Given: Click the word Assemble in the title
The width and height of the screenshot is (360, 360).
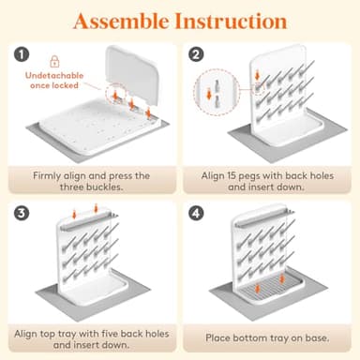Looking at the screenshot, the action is (x=122, y=22).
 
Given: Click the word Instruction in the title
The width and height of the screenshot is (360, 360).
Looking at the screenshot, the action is (x=231, y=22).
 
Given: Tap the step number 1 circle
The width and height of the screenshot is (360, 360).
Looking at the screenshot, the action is (x=22, y=54).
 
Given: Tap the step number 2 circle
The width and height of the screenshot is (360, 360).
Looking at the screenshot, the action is (x=196, y=54).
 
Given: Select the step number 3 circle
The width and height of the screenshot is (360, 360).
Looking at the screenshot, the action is (x=22, y=213).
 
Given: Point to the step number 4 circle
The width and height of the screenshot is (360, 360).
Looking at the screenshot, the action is (x=196, y=213).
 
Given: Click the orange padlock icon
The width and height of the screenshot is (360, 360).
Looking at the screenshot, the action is (x=54, y=61).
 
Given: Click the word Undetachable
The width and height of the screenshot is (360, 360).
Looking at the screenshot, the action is (x=54, y=76).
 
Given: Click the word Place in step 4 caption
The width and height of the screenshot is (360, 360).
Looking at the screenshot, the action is (x=217, y=337).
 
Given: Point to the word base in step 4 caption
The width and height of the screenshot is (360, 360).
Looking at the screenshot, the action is (x=317, y=337).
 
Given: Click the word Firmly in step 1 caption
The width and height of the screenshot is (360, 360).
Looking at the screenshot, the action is (x=47, y=176).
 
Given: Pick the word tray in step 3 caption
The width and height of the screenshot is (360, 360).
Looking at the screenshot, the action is (x=67, y=334).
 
